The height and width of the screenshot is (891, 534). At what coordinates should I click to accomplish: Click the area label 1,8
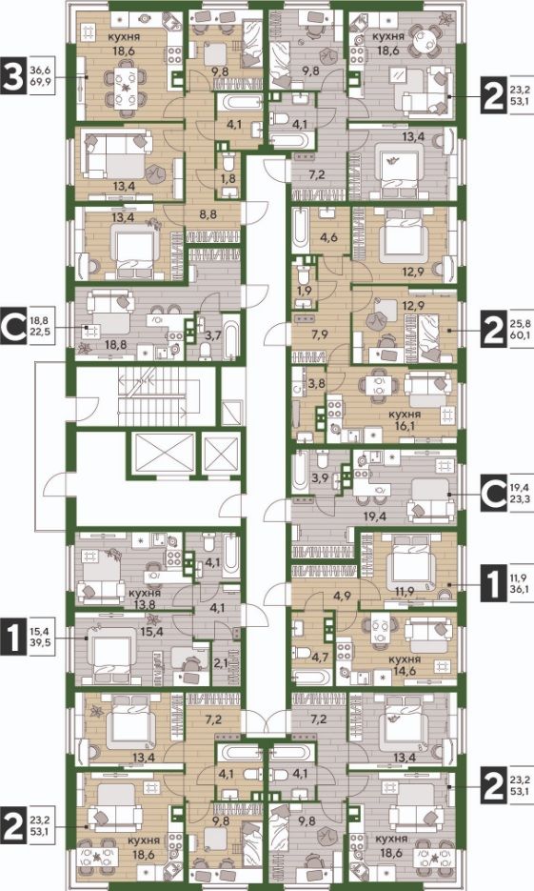click(229, 178)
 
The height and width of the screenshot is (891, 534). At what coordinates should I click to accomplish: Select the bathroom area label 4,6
click(329, 237)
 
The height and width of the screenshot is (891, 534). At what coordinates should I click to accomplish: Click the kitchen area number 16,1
click(405, 426)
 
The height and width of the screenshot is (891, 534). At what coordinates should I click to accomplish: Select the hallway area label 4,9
click(342, 597)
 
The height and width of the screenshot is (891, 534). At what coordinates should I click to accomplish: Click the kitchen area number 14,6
click(405, 671)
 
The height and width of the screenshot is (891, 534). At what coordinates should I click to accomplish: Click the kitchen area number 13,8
click(144, 604)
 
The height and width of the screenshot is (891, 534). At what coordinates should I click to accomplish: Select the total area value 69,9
click(41, 82)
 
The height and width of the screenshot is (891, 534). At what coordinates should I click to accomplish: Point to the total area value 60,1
click(520, 335)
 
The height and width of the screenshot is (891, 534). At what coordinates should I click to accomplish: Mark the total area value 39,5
click(41, 643)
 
